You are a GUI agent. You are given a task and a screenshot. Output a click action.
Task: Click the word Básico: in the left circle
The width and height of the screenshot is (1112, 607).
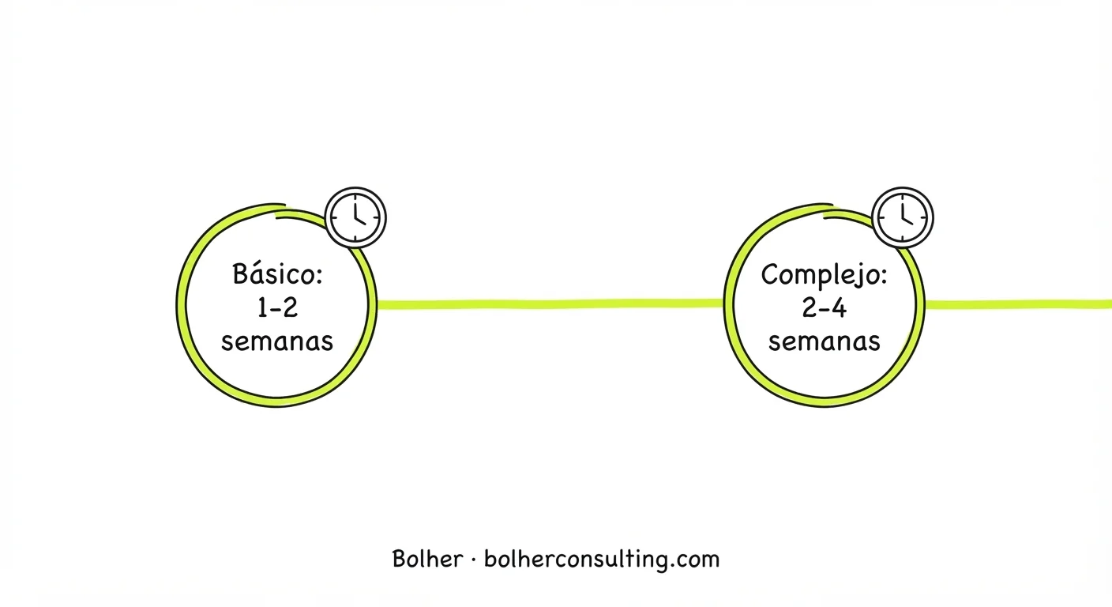point(277,273)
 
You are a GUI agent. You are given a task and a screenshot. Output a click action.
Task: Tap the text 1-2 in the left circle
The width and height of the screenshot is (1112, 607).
point(277,308)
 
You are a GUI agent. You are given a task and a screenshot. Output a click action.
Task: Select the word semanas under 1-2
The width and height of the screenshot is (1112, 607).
point(277,342)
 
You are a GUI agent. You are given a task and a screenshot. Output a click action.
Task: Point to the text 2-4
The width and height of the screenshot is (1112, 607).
point(824,308)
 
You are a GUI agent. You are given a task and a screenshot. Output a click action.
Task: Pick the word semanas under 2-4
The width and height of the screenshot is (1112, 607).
point(825,342)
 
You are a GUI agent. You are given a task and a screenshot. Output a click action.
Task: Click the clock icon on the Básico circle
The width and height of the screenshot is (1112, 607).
point(355,217)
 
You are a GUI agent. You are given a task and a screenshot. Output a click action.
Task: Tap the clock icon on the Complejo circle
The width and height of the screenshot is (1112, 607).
point(903,217)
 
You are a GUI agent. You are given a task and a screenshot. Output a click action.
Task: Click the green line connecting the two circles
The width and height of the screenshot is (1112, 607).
point(550,304)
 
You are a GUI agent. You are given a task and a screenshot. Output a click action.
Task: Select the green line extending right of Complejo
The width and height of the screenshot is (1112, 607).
point(1018,304)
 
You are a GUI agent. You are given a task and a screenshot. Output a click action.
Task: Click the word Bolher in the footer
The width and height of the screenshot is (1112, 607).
point(427,559)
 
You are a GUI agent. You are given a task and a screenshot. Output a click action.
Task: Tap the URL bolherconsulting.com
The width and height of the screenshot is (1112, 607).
point(602,560)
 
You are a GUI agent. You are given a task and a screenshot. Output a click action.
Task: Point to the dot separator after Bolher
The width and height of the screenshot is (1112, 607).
point(473,560)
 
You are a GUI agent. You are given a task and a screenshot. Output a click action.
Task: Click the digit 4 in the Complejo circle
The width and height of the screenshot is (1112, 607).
point(839,308)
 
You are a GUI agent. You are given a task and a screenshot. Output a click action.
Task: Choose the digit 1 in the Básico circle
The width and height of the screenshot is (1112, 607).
point(262,308)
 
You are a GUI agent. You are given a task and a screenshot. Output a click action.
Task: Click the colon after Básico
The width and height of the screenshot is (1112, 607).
point(319,277)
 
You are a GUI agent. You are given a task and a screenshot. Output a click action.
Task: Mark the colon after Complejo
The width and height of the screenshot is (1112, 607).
point(883,277)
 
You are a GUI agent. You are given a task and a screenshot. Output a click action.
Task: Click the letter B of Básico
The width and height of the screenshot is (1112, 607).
point(240,273)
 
